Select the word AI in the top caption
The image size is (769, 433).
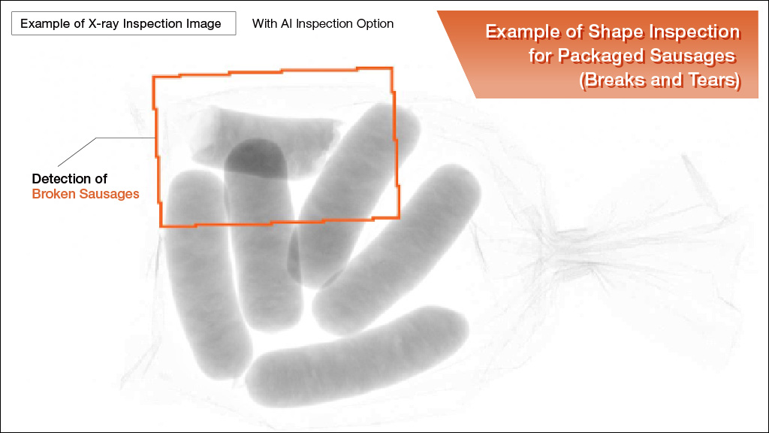286,23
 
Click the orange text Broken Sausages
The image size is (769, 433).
86,194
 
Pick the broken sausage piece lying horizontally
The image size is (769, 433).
265,142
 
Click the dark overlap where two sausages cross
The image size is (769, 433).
256,159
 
